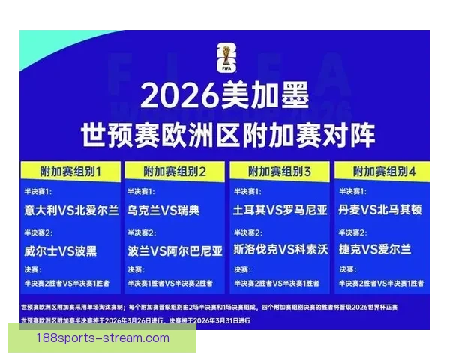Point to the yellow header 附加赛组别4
382,172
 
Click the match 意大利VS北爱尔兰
70,211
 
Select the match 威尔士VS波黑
60,249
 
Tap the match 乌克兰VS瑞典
163,211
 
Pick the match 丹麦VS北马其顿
380,211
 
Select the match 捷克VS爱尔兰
374,249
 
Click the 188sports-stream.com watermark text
103,338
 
